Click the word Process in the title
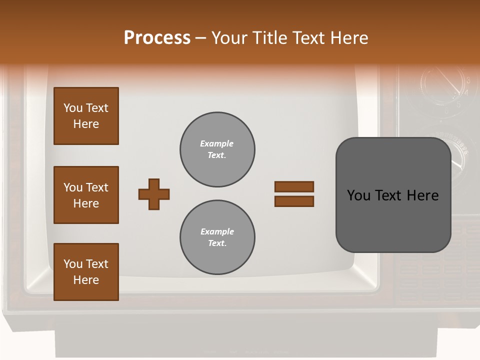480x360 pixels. (157, 38)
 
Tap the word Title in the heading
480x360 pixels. (269, 38)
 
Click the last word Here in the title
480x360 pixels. (348, 38)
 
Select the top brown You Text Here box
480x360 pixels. (86, 116)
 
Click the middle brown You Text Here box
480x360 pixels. (86, 195)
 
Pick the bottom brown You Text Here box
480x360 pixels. (86, 272)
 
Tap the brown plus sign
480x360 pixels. (154, 194)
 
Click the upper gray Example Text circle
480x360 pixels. (217, 149)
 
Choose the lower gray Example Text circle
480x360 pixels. (217, 237)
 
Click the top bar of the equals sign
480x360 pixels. (294, 187)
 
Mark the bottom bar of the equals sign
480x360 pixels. (294, 201)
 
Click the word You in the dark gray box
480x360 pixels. (358, 195)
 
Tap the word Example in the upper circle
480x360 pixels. (217, 143)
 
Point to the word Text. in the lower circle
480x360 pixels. (217, 243)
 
